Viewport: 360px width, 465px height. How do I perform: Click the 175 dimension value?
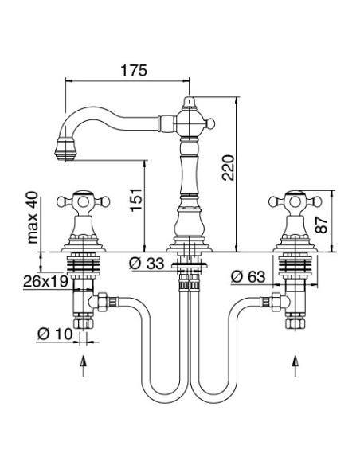click(x=134, y=70)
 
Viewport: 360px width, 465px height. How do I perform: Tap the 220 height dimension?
click(x=229, y=167)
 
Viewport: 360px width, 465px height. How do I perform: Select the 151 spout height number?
click(x=136, y=200)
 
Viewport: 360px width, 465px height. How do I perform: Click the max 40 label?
click(x=33, y=217)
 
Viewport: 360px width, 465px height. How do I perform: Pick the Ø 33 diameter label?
click(x=147, y=263)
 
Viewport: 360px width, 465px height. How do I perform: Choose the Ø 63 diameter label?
click(x=248, y=277)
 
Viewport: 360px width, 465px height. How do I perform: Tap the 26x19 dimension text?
click(x=45, y=281)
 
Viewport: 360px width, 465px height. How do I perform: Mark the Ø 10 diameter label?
click(x=55, y=334)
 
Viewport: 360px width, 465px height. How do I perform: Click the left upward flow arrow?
click(x=84, y=365)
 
